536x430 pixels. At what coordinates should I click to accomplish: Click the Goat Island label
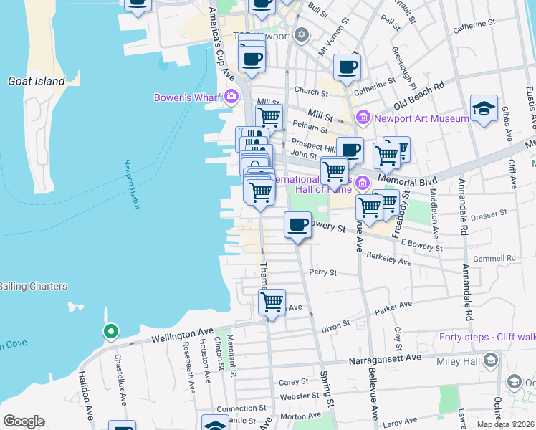coord(36,82)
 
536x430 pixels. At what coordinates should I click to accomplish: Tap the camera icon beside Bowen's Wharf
coord(231,96)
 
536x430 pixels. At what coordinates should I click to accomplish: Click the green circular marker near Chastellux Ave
coord(110,332)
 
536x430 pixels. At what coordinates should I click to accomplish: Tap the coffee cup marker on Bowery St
coord(298,225)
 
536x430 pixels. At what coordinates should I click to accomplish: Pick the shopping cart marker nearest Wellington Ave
coord(272,302)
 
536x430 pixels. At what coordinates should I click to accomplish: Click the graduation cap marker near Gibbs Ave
coord(484,108)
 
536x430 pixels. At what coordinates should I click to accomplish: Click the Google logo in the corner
coord(24,421)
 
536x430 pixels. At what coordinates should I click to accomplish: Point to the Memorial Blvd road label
coord(407,173)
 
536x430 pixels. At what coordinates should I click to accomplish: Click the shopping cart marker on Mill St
coord(269,117)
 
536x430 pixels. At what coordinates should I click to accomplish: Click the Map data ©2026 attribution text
coord(506,424)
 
